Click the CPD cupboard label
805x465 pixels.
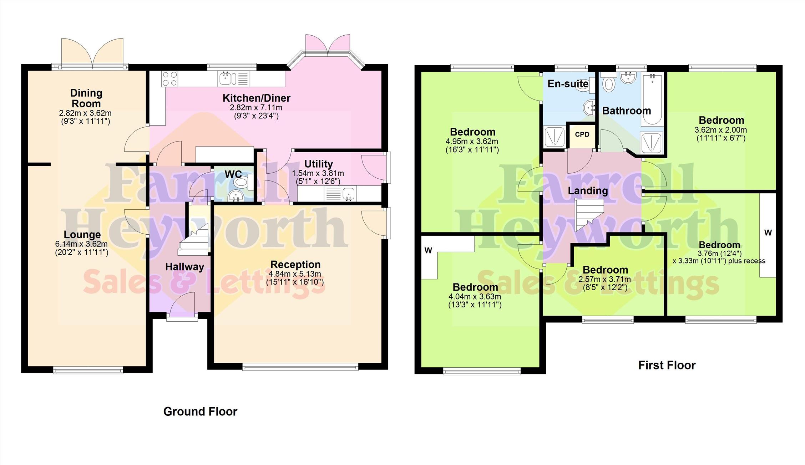coord(582,134)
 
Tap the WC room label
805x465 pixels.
coord(233,174)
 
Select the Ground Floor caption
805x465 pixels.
coord(200,412)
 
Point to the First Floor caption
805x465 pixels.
coord(667,365)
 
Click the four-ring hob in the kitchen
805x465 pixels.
coord(169,79)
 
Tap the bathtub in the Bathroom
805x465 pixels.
coord(652,99)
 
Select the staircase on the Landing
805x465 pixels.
coord(589,214)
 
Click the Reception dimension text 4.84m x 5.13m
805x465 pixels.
coord(295,274)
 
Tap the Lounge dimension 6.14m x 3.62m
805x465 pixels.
coord(81,244)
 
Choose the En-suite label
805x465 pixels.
coord(568,84)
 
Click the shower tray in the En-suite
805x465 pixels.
coord(555,137)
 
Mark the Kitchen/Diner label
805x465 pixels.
coord(257,98)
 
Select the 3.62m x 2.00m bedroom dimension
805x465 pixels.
coord(721,130)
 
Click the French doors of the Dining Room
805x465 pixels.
coord(92,53)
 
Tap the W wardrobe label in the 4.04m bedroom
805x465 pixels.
coord(428,251)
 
